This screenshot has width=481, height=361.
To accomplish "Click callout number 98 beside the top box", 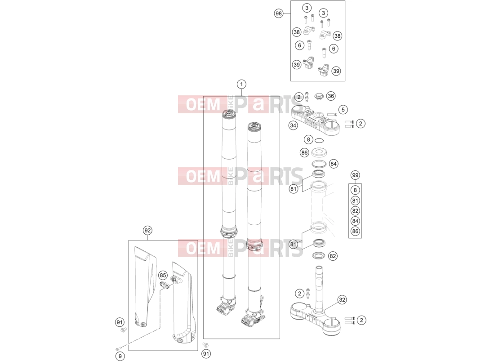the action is coord(279,13).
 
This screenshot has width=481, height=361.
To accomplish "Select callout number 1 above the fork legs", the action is coord(241,85).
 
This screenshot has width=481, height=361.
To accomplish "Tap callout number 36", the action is coord(331,96).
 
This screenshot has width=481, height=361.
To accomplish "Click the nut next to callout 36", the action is coord(319,97).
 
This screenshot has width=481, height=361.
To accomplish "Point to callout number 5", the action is coord(343,110).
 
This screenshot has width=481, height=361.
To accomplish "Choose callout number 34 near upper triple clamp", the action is coord(293,125).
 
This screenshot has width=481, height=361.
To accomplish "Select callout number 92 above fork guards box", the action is coord(147,231).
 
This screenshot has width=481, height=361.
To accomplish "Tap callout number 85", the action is coord(163,276).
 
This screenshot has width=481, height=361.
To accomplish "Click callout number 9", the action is coord(120,356).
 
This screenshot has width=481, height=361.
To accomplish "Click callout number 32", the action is coord(342,300).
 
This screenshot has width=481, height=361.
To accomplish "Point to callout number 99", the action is coord(355,175).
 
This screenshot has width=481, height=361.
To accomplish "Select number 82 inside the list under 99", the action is coord(355,211).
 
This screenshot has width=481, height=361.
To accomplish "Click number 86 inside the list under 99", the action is coord(355,231).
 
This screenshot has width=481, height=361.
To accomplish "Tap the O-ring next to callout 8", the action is coord(319,141).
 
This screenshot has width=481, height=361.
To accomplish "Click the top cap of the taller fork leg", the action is coord(229,114).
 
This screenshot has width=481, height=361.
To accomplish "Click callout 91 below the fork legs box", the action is coord(206,354).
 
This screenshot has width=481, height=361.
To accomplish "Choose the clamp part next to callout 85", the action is coord(165,284).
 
